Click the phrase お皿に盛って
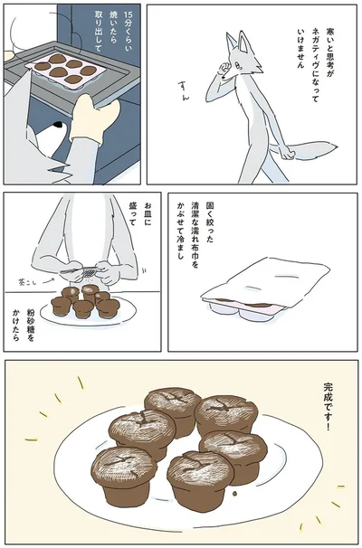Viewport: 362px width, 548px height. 149,223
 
